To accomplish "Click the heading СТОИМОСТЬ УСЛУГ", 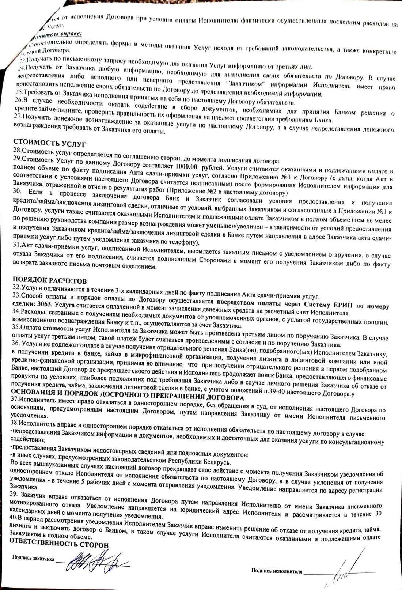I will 50,142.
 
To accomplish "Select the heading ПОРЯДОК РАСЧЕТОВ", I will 50,281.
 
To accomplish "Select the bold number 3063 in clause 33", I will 45,304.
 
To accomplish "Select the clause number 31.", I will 16,245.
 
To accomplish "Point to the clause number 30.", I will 17,191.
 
